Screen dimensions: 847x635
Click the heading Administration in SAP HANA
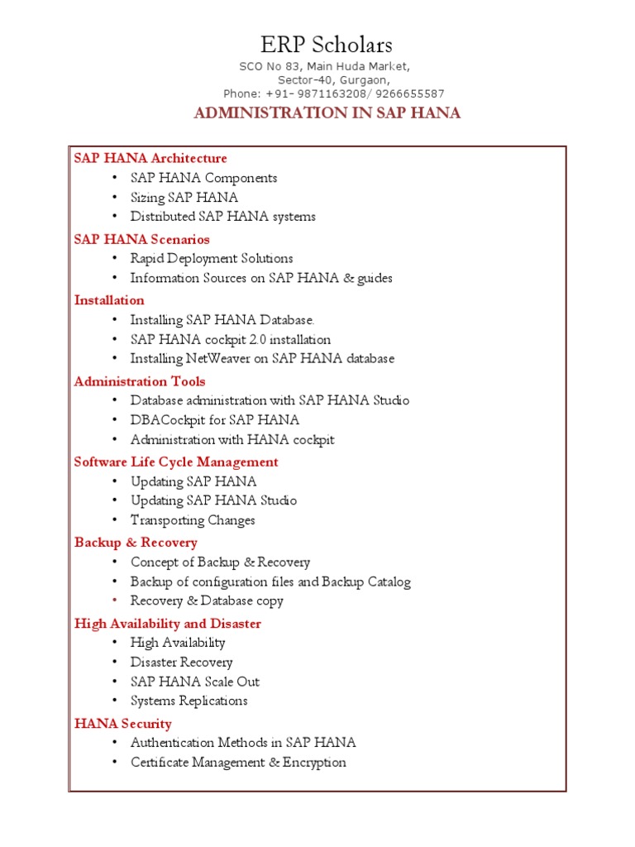(x=327, y=113)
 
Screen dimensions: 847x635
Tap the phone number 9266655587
(x=409, y=93)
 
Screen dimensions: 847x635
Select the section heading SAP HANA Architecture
(x=150, y=158)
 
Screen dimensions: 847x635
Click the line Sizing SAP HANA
(x=184, y=198)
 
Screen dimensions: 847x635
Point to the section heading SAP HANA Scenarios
(x=142, y=239)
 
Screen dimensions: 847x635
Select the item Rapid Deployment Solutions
(x=212, y=259)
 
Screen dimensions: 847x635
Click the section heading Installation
(x=109, y=300)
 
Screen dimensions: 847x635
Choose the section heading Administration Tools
(x=140, y=381)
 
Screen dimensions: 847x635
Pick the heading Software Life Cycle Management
(x=176, y=462)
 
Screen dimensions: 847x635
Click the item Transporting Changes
(x=193, y=520)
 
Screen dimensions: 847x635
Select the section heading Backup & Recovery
(x=136, y=543)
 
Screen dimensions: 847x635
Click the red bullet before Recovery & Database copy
(x=113, y=601)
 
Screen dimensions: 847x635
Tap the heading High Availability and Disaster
(x=168, y=623)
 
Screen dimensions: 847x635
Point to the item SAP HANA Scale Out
(x=195, y=682)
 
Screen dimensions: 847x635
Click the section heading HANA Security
(x=123, y=724)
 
